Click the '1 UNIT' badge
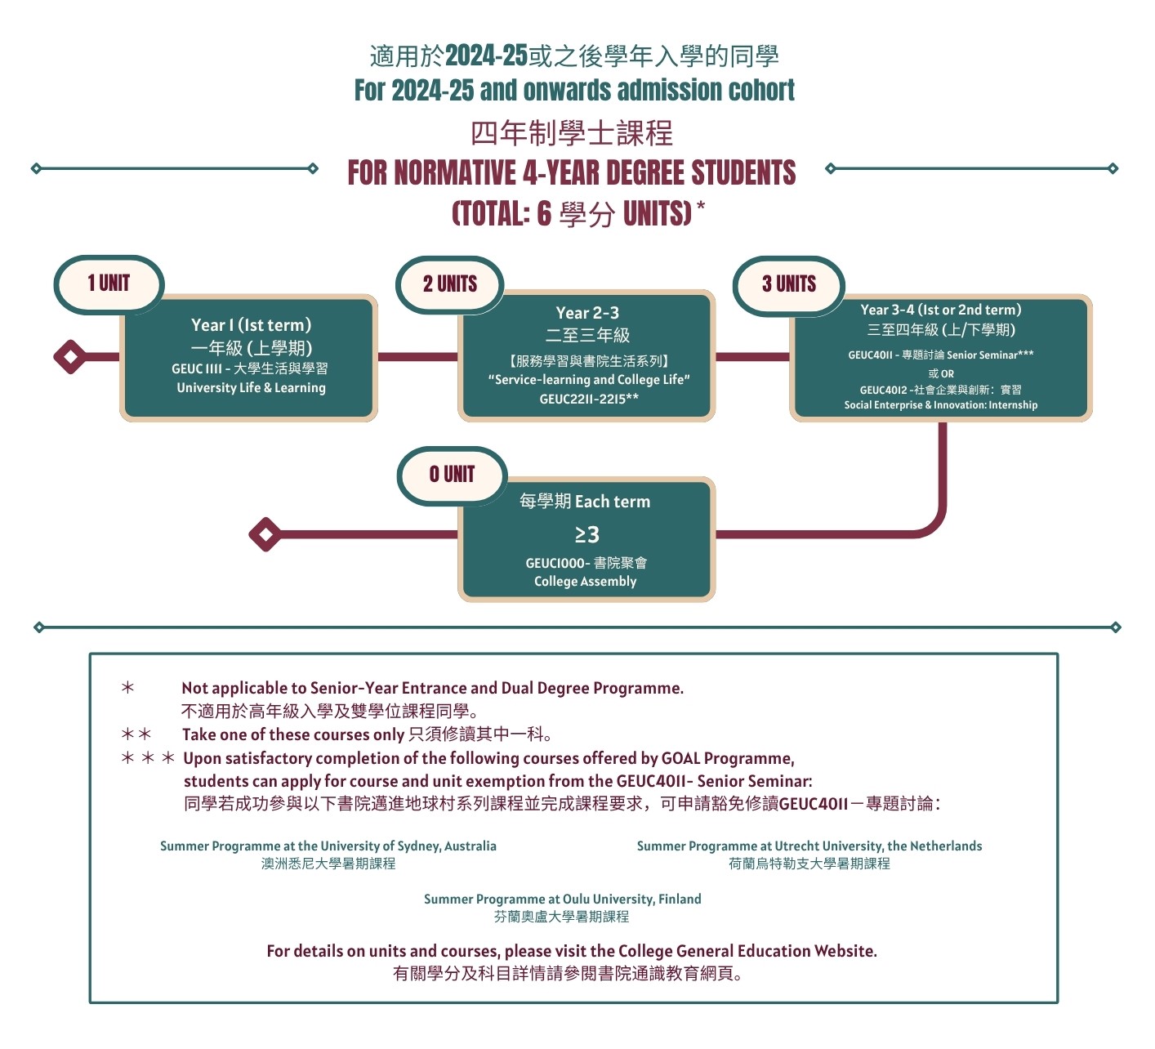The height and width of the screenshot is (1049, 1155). click(109, 284)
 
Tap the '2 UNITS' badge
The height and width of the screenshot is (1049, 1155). click(450, 284)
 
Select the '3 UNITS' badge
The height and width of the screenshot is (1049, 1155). click(789, 284)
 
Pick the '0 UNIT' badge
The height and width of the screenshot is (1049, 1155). click(452, 475)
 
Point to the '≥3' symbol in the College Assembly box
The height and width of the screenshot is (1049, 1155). click(586, 534)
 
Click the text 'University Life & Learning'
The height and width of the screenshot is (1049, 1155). click(251, 388)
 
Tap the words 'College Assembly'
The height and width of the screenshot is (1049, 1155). click(586, 581)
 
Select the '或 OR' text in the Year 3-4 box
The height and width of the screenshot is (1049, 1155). click(941, 373)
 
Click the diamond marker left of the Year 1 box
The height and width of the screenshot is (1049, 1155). click(70, 356)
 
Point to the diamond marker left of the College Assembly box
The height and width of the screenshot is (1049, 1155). click(265, 534)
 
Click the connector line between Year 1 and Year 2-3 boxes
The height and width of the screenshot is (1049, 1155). click(418, 356)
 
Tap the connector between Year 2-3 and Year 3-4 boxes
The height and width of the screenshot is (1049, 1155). click(752, 356)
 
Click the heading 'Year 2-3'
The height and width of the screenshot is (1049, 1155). click(587, 313)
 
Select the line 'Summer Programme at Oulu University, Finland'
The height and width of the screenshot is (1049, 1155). click(563, 899)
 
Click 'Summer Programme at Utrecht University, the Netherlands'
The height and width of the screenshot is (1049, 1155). click(809, 846)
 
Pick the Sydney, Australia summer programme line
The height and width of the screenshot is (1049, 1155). click(328, 846)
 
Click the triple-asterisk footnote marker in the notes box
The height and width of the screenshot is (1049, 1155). click(148, 758)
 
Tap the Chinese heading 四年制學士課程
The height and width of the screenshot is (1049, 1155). click(572, 133)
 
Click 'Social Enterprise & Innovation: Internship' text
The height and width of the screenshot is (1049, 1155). click(941, 405)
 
